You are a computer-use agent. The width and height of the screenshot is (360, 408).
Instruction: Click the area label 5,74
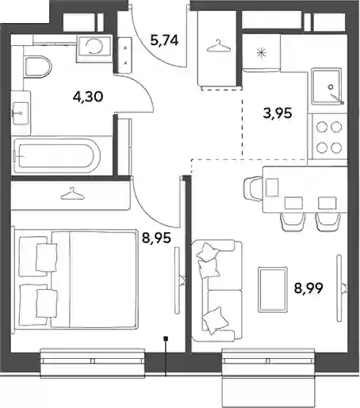164,40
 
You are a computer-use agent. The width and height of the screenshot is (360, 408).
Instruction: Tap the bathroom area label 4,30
88,97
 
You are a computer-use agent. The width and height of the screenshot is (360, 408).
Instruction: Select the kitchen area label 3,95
278,113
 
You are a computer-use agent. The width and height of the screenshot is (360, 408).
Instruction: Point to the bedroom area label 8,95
156,238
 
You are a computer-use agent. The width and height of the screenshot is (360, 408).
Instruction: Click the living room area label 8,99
308,288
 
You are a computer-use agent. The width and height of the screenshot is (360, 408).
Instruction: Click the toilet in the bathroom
37,67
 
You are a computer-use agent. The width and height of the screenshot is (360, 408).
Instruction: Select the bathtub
56,156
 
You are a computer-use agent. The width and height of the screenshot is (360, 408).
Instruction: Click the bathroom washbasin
21,113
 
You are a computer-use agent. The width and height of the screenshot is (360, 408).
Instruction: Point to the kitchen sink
326,86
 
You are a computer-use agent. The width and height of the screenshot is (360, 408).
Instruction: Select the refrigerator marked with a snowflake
261,53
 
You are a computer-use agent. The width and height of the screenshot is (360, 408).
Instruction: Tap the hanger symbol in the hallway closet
218,46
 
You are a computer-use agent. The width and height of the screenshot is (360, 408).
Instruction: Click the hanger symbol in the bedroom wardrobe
72,194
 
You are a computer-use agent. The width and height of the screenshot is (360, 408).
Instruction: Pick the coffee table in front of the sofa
273,290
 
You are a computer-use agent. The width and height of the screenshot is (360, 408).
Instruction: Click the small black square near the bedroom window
166,338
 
